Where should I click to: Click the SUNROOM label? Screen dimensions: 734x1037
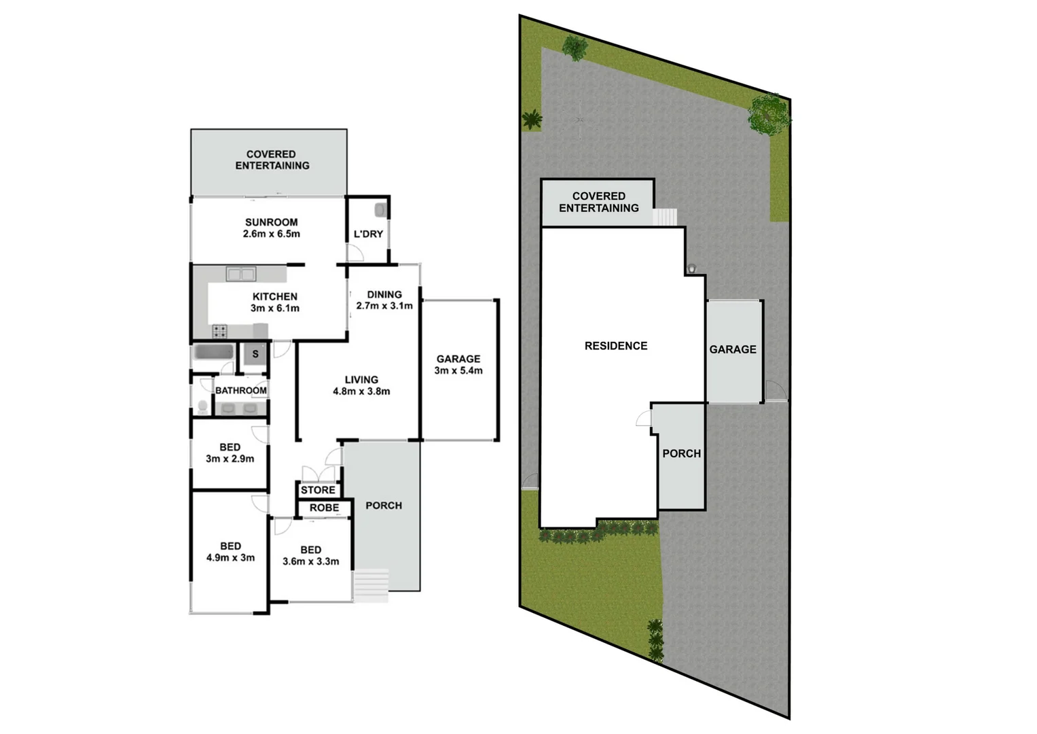tap(271, 222)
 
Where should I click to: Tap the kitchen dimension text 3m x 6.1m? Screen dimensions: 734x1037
tap(275, 309)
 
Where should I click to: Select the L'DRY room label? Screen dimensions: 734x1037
tap(368, 234)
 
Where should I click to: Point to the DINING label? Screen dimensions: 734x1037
tap(384, 294)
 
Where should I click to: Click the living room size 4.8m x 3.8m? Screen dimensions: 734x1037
tap(361, 391)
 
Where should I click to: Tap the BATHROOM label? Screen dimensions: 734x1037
tap(241, 390)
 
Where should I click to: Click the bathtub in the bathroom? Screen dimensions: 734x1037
tap(214, 353)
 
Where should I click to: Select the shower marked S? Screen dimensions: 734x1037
tap(255, 354)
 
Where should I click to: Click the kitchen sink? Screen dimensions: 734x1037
tap(241, 274)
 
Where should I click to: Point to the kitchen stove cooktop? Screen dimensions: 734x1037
tap(219, 332)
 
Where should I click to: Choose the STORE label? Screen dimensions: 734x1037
tap(318, 490)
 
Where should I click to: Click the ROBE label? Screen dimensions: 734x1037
tap(324, 508)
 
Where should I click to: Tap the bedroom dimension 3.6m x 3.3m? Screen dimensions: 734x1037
tap(311, 561)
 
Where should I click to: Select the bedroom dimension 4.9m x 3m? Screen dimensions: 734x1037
tap(230, 558)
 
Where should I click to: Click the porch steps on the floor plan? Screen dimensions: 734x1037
tap(371, 585)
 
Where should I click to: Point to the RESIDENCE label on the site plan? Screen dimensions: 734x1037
tap(616, 346)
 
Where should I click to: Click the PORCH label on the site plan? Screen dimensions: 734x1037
tap(681, 453)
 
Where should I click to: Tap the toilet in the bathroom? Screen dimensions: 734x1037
tap(202, 406)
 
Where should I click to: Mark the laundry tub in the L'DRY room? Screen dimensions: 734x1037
tap(381, 209)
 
